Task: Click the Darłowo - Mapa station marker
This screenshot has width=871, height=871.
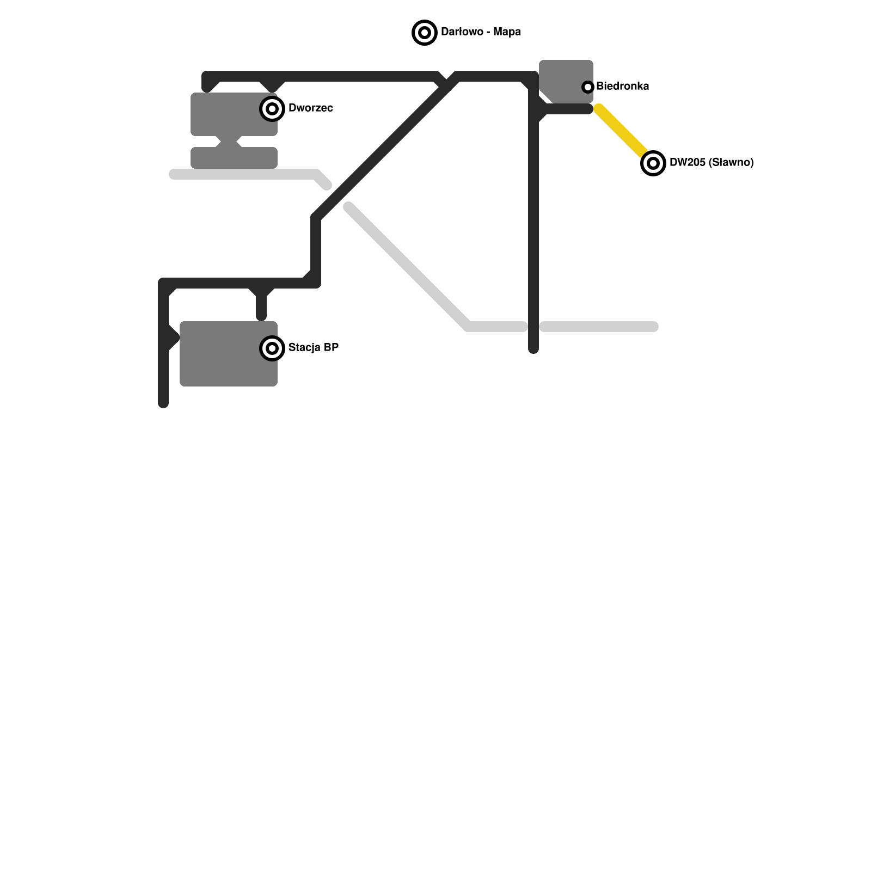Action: click(425, 33)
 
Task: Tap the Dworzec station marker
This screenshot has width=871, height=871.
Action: click(272, 109)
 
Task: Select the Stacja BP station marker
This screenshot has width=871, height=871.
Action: click(272, 348)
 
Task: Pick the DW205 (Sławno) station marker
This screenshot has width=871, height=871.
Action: click(653, 163)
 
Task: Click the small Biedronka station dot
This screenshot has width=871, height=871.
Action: click(587, 87)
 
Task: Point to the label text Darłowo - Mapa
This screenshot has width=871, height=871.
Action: click(481, 32)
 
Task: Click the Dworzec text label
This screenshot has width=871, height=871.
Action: click(310, 108)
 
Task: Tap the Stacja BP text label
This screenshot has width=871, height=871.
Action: click(313, 347)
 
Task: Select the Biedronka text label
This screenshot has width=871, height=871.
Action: click(622, 86)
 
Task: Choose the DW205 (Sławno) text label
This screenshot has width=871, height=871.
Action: click(711, 162)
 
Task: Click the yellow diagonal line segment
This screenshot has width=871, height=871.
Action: click(623, 133)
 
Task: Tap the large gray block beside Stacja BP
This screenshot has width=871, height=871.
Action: click(223, 359)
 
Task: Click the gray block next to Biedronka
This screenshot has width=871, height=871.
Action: click(563, 79)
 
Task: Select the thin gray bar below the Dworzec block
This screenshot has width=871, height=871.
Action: click(234, 158)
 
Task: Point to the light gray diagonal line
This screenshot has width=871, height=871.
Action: click(408, 267)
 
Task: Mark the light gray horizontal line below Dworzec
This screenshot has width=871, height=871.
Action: click(245, 174)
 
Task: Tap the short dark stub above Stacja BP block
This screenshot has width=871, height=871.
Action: click(261, 308)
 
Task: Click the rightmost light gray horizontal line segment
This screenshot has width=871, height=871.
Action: click(599, 327)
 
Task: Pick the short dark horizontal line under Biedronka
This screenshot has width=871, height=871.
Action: click(569, 109)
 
